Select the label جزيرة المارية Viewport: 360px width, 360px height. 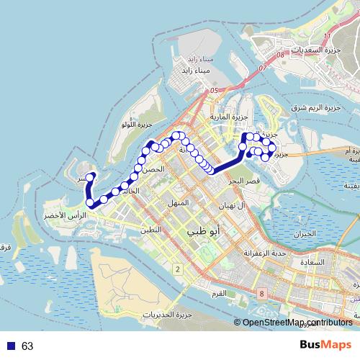click(x=229, y=116)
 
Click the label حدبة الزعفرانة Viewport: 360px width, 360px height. click(x=270, y=253)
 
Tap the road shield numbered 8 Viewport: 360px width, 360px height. click(x=261, y=294)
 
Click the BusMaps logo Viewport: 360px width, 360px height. click(x=325, y=345)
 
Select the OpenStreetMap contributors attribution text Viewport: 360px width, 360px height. click(x=297, y=323)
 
